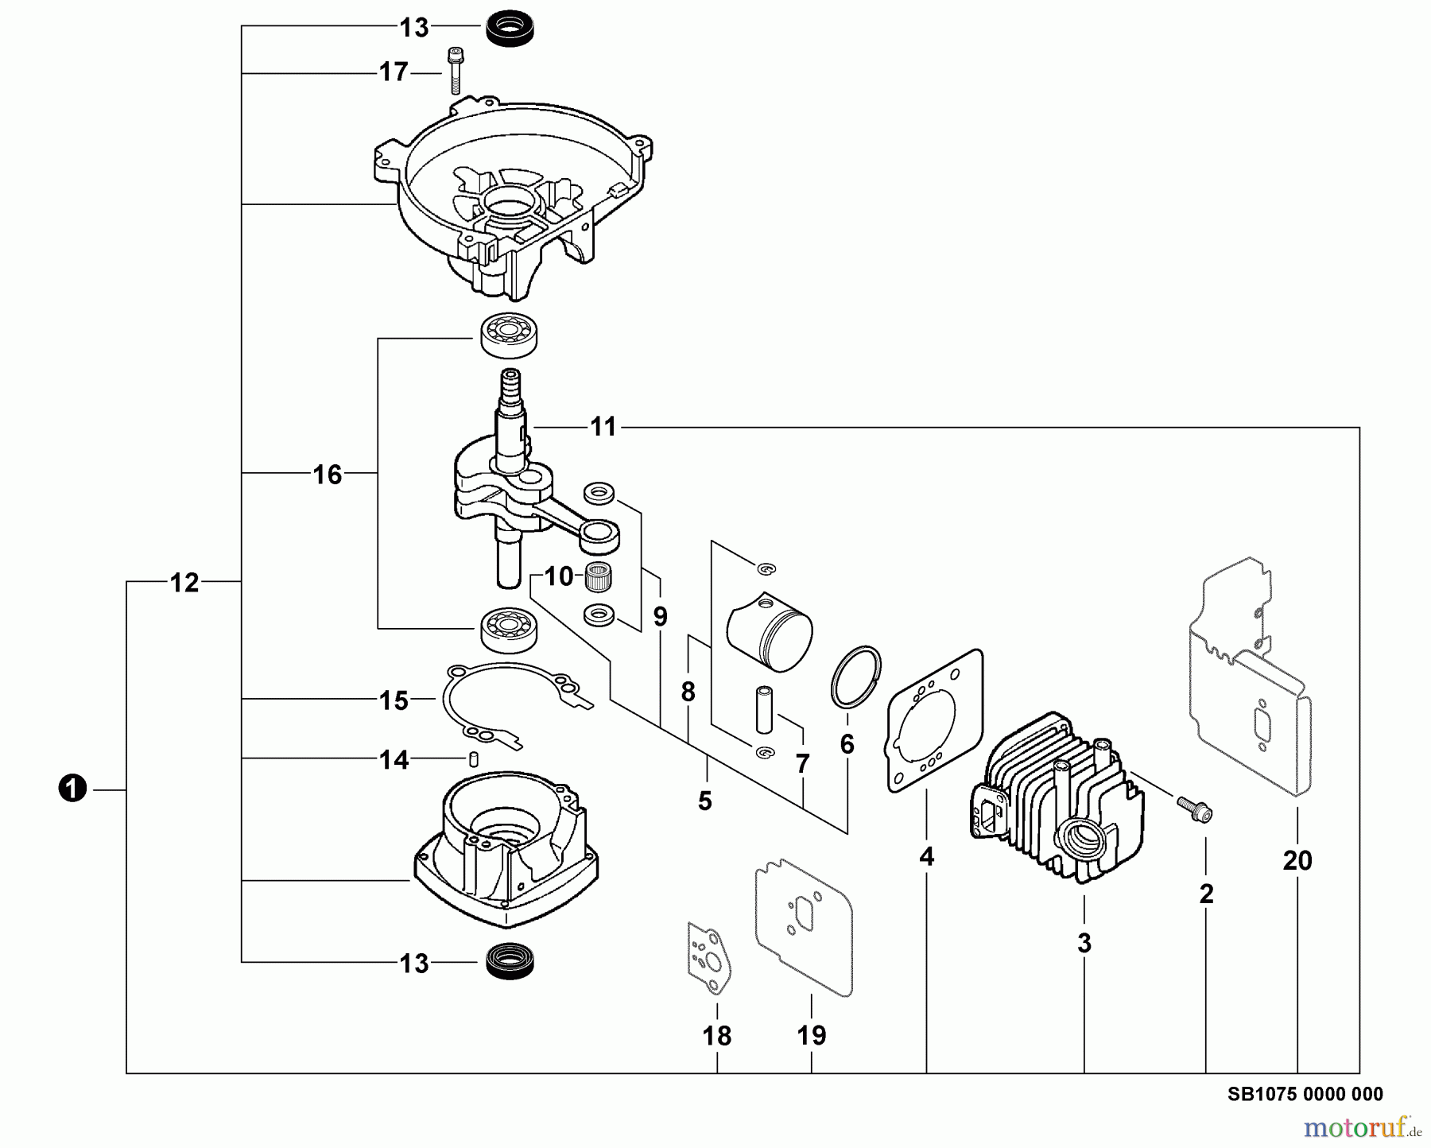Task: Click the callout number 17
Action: pyautogui.click(x=394, y=72)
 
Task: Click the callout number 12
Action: pyautogui.click(x=184, y=583)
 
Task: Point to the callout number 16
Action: pyautogui.click(x=328, y=475)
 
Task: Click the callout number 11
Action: pyautogui.click(x=603, y=427)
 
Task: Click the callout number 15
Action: pyautogui.click(x=394, y=700)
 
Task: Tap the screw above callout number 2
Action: pyautogui.click(x=1196, y=810)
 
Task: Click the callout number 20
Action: pyautogui.click(x=1297, y=860)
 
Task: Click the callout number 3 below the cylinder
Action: pyautogui.click(x=1084, y=944)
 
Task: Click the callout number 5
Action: pyautogui.click(x=705, y=801)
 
